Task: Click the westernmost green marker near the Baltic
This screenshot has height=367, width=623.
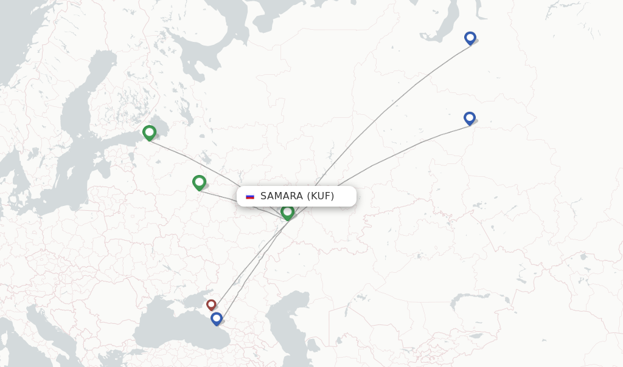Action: pos(149,132)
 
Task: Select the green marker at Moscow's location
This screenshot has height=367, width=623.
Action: pos(199,182)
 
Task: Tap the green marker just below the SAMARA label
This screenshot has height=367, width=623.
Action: pos(287,212)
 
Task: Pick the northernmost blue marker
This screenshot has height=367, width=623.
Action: pos(470,38)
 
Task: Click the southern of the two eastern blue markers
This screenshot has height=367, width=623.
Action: pos(469,118)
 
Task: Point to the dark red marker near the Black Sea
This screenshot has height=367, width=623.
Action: pos(211,304)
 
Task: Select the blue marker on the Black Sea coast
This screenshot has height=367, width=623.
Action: pos(216,318)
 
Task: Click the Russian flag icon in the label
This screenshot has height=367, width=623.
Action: pos(250,196)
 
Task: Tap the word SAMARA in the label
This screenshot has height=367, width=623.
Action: pos(282,196)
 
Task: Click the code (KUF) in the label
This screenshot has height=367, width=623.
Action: pos(321,196)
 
